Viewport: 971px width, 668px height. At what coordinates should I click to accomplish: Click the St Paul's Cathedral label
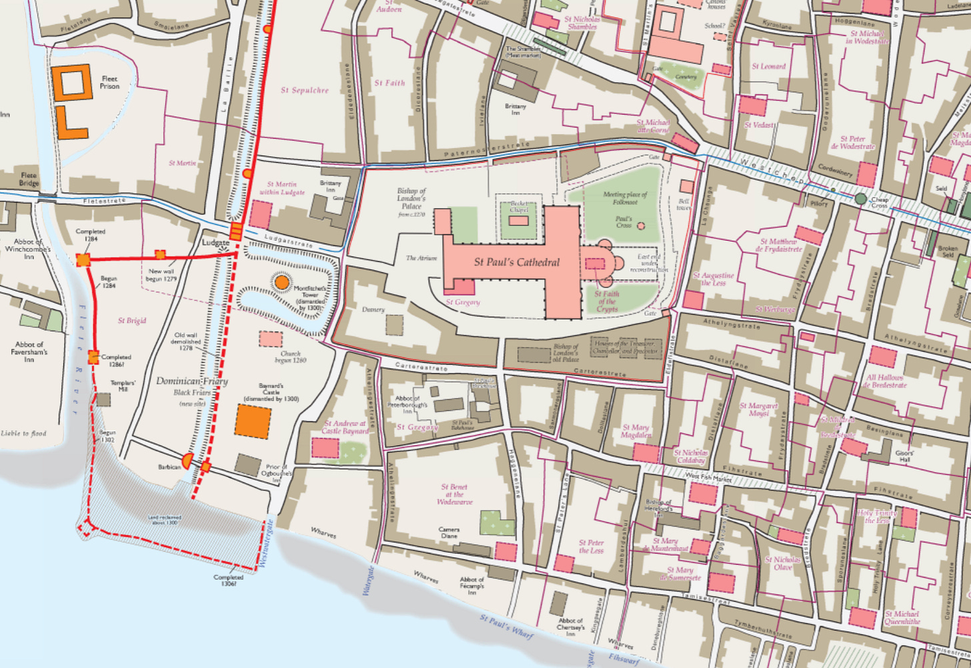click(x=516, y=262)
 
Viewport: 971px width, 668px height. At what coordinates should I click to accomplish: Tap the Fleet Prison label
click(x=110, y=82)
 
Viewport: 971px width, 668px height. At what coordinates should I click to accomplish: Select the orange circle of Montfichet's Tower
click(x=281, y=282)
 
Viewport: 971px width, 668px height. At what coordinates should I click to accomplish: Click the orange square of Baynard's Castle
click(x=253, y=421)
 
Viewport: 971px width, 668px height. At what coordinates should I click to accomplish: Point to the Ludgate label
click(x=216, y=243)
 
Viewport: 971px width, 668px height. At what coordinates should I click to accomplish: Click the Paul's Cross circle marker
click(x=641, y=226)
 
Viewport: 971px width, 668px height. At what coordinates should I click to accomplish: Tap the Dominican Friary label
click(x=192, y=381)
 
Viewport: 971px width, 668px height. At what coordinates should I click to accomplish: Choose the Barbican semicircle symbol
click(x=188, y=460)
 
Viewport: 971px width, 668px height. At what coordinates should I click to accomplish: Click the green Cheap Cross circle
click(x=860, y=199)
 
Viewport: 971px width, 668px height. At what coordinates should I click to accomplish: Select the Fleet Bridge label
click(x=29, y=179)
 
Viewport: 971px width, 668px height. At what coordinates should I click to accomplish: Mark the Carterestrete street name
click(x=421, y=366)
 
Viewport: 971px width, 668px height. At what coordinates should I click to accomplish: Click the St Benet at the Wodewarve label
click(x=454, y=495)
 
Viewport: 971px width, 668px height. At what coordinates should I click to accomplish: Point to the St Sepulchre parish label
click(x=305, y=90)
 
